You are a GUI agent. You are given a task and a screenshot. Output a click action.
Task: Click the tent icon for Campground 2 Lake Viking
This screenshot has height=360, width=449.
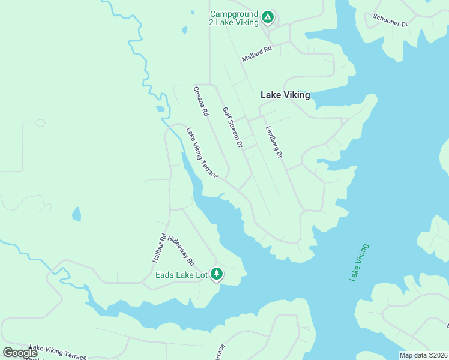[268, 17]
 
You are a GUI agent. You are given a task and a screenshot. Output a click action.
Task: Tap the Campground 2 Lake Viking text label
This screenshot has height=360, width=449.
[234, 18]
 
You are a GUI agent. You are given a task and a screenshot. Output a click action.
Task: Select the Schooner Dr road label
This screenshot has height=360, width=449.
[390, 20]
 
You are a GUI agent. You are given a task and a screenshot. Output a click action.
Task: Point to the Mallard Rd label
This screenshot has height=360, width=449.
[257, 54]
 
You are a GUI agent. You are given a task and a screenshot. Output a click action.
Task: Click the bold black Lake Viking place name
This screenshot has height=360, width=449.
[285, 95]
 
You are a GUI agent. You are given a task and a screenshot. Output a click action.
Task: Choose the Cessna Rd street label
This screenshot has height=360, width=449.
[201, 101]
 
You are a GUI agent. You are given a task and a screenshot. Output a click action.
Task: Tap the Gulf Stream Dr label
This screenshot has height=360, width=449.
[232, 127]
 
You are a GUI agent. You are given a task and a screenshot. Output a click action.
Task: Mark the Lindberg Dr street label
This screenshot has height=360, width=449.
[274, 142]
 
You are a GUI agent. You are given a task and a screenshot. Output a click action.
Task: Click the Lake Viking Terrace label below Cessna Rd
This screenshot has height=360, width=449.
[202, 152]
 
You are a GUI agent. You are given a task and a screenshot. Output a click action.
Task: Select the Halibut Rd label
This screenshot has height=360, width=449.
[158, 248]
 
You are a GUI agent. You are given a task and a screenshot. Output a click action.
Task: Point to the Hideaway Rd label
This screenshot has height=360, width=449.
[182, 251]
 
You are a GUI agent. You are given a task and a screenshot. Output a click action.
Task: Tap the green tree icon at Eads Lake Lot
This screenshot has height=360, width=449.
[216, 274]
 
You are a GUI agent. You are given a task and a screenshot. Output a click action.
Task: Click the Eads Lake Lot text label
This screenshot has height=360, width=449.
[181, 275]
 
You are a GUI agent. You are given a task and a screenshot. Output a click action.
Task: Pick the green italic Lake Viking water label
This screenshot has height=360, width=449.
[359, 262]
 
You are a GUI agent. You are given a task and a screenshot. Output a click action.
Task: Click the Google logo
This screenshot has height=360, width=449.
[20, 353]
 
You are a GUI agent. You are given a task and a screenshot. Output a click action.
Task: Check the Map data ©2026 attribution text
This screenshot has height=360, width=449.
[423, 355]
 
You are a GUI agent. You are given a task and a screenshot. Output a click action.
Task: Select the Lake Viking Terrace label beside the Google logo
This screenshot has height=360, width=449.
[58, 352]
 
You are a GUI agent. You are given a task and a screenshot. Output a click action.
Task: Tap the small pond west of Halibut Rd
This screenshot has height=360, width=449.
[76, 214]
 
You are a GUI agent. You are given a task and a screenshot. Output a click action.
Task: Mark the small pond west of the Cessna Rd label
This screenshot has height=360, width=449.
[160, 110]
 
